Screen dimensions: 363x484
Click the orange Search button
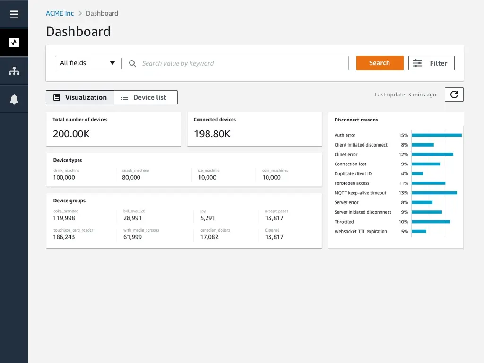pyautogui.click(x=380, y=63)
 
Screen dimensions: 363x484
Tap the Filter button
pyautogui.click(x=431, y=63)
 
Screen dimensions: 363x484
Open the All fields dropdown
pyautogui.click(x=88, y=63)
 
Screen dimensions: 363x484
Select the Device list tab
pyautogui.click(x=146, y=97)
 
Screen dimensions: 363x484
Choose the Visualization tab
pyautogui.click(x=80, y=97)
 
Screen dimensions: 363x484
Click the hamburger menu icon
pyautogui.click(x=14, y=14)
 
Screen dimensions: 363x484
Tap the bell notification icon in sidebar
pyautogui.click(x=14, y=99)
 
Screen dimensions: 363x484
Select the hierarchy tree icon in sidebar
pyautogui.click(x=14, y=71)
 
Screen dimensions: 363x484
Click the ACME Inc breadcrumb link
pyautogui.click(x=60, y=13)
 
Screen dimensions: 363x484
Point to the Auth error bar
pyautogui.click(x=436, y=135)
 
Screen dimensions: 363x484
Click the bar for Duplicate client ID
pyautogui.click(x=417, y=173)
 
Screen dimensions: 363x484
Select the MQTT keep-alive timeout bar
pyautogui.click(x=434, y=193)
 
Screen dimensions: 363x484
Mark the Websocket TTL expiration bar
pyautogui.click(x=419, y=231)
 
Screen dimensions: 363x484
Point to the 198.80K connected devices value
pyautogui.click(x=212, y=134)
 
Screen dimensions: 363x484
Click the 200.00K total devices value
pyautogui.click(x=71, y=134)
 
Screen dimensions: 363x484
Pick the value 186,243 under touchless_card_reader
pyautogui.click(x=64, y=237)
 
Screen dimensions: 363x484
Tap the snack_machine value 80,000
pyautogui.click(x=131, y=177)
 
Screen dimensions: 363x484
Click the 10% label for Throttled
pyautogui.click(x=403, y=222)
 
